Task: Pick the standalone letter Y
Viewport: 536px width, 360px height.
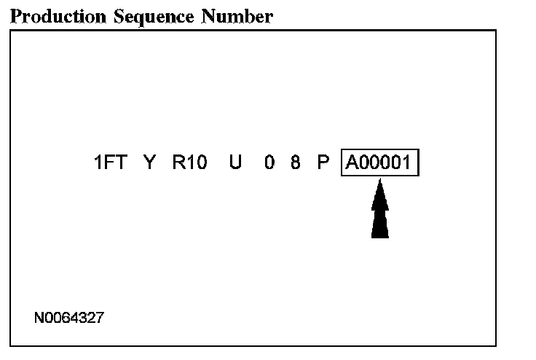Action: [x=149, y=163]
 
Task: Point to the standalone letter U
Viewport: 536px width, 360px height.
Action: [x=235, y=163]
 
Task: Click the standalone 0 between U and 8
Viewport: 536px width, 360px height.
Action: [x=269, y=163]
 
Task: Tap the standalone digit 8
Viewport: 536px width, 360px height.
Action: [x=295, y=163]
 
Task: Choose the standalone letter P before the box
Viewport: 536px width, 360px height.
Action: [x=323, y=163]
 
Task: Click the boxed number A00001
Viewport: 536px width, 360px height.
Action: [x=379, y=163]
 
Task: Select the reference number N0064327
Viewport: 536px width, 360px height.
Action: [x=68, y=318]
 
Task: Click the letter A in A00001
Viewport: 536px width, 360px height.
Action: [x=352, y=163]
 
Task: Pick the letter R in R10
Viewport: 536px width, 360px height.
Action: [x=178, y=163]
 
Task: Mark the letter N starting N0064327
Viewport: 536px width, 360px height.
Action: [x=39, y=318]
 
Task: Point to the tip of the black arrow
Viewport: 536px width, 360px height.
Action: [x=379, y=181]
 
